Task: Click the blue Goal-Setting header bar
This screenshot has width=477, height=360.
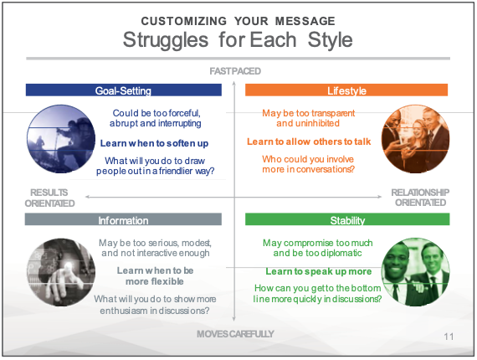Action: point(124,90)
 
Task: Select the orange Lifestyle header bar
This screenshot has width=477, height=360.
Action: point(346,90)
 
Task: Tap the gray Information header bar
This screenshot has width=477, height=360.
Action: point(123,219)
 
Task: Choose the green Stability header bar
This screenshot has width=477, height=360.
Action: point(347,219)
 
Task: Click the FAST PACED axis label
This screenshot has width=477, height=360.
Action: point(235,71)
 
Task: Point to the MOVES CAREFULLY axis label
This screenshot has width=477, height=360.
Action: point(235,334)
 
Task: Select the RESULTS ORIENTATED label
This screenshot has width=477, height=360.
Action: point(49,198)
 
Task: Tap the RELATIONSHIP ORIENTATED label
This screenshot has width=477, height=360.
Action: point(420,198)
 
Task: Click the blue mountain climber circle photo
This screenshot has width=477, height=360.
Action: point(61,139)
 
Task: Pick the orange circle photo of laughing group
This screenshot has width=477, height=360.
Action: point(415,139)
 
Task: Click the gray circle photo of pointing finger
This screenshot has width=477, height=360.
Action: point(61,272)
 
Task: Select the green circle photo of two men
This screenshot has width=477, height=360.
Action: point(416,272)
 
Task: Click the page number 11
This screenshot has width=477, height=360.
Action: point(449,337)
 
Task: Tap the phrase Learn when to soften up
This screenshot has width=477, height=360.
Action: point(155,143)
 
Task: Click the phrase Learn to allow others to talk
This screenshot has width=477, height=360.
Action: point(309,141)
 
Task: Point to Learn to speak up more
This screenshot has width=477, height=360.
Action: point(319,271)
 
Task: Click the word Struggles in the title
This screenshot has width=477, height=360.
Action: point(166,41)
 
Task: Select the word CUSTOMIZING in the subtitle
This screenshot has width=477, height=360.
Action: point(184,21)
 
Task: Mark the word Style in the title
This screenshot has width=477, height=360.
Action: point(330,40)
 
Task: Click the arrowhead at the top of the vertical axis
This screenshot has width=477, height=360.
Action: point(234,83)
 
